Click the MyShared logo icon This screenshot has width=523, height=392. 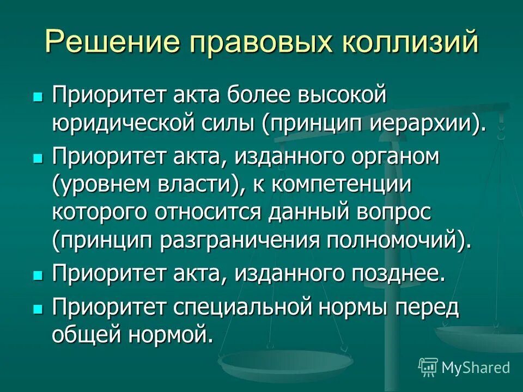tap(428, 366)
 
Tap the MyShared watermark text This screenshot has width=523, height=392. tap(476, 367)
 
